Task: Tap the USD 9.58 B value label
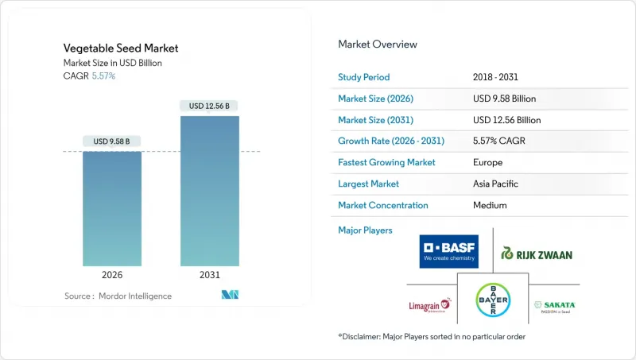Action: click(x=112, y=141)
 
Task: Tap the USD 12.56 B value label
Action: click(x=209, y=106)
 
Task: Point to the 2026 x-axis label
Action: click(x=112, y=276)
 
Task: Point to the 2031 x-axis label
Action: click(x=209, y=276)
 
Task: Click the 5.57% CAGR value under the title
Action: click(x=103, y=75)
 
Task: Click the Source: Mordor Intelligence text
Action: click(x=118, y=296)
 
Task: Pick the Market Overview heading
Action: click(x=378, y=45)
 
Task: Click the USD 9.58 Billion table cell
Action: click(x=504, y=99)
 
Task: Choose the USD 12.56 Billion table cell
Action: click(x=506, y=120)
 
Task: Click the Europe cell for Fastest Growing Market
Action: click(x=487, y=162)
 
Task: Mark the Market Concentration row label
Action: click(x=383, y=205)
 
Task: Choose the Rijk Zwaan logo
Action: click(x=537, y=254)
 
